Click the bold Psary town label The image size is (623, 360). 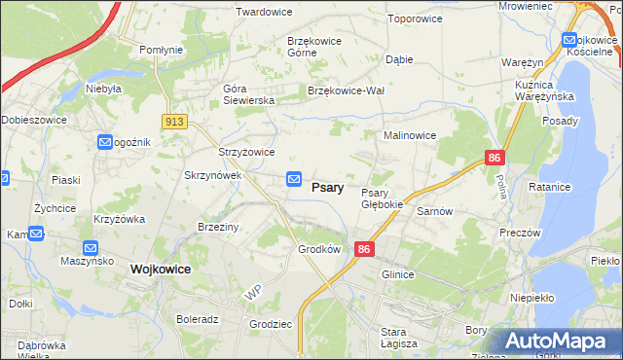click(x=327, y=188)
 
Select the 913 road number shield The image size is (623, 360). click(x=175, y=121)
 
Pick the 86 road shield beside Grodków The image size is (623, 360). click(x=365, y=249)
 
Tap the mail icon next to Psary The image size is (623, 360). click(x=293, y=179)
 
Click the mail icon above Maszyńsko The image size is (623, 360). click(x=91, y=248)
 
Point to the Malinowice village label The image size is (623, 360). click(x=410, y=136)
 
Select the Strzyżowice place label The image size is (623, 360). click(x=246, y=152)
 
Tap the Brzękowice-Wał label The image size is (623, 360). click(x=347, y=90)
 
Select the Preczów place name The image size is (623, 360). click(x=518, y=234)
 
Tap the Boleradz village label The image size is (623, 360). click(x=198, y=318)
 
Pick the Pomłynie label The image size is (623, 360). click(x=161, y=50)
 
